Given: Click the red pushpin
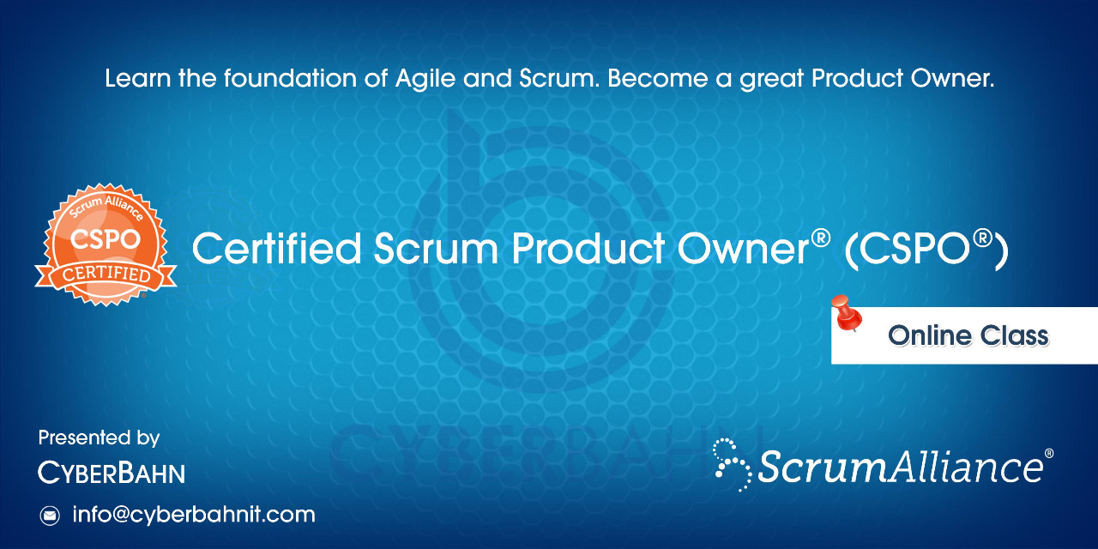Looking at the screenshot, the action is click(847, 313).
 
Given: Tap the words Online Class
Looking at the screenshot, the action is click(968, 335).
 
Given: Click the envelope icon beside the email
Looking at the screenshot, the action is click(50, 516).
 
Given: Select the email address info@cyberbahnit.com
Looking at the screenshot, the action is click(194, 515).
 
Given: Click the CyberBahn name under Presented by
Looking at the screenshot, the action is click(112, 473).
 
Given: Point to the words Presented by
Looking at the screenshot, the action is click(99, 437).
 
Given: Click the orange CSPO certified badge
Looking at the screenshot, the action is click(106, 244).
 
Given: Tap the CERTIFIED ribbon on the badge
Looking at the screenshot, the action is click(106, 275).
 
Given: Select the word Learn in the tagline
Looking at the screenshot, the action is click(138, 79).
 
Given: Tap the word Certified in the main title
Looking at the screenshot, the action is click(277, 248).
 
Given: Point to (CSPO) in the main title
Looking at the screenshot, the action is click(926, 250).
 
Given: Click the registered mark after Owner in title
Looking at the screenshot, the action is click(821, 238).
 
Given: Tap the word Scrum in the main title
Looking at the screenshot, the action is click(437, 248).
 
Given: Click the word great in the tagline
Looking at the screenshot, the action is click(771, 80).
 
